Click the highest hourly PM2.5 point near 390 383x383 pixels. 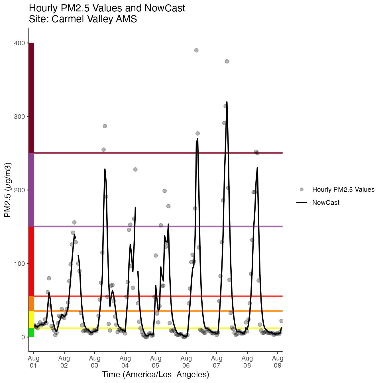pos(196,50)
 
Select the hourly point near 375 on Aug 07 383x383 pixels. pos(227,61)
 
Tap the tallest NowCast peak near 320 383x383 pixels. pos(227,102)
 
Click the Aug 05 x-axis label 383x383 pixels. pos(156,362)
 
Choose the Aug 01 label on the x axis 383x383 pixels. pos(34,362)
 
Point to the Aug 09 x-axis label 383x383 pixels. pos(278,362)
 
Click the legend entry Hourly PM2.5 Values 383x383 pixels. pos(343,190)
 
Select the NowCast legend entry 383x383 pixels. pos(326,203)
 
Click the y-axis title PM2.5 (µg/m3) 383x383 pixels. pos(8,190)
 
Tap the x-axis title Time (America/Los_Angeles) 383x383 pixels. pos(156,374)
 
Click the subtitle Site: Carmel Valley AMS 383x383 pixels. pos(83,19)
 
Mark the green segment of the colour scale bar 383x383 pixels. pos(31,333)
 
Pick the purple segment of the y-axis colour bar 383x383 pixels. pos(31,190)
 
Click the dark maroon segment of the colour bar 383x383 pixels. pos(31,98)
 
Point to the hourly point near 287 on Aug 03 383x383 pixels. pos(105,126)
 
